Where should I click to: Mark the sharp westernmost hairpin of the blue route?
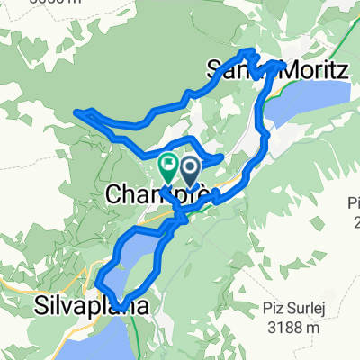pos(78,112)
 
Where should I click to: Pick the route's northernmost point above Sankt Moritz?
pos(249,52)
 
